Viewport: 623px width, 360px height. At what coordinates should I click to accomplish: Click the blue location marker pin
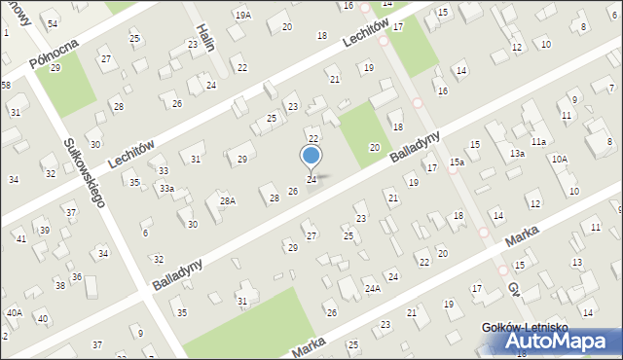pos(311,156)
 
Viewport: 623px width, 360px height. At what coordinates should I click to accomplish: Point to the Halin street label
pos(204,37)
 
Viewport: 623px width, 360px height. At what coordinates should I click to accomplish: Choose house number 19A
pos(242,15)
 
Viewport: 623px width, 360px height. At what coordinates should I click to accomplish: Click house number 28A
pos(227,201)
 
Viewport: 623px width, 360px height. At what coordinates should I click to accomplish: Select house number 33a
pos(167,188)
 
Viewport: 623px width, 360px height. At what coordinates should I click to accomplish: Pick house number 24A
pos(372,289)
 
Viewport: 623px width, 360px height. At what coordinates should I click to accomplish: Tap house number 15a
pos(457,162)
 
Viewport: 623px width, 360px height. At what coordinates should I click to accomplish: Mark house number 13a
pos(517,154)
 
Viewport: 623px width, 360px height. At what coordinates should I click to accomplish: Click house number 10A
pos(559,159)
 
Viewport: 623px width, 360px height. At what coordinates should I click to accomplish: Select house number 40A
pos(14,312)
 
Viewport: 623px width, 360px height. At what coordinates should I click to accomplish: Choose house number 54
pos(53,23)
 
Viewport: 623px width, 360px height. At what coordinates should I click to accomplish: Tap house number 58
pos(5,87)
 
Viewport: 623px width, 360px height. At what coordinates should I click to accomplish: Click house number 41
pos(20,238)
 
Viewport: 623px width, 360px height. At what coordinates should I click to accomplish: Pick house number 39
pos(45,230)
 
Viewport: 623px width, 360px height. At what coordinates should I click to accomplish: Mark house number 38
pos(60,285)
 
